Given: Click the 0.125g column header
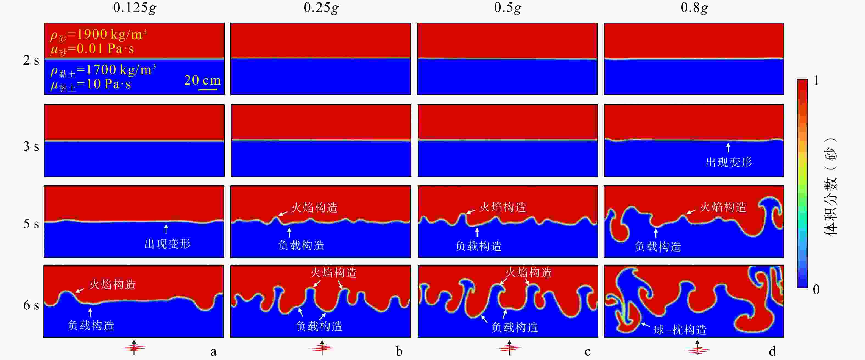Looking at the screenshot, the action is click(x=134, y=8).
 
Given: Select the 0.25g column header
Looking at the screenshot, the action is click(x=321, y=8).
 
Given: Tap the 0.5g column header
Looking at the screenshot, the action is click(x=507, y=8).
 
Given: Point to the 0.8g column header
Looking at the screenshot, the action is click(x=694, y=8).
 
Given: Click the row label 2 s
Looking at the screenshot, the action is click(x=31, y=60).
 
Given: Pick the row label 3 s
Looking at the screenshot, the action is click(x=31, y=146).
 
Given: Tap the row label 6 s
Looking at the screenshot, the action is click(x=31, y=305).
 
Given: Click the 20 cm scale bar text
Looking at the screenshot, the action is click(x=202, y=80).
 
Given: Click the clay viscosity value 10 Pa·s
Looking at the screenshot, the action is click(x=108, y=84).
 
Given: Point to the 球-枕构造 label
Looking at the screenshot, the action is click(x=680, y=330).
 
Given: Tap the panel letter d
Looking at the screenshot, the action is click(x=772, y=351).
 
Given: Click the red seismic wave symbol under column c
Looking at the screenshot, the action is click(x=509, y=348).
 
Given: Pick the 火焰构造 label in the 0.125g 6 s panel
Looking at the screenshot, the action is click(x=113, y=284).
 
